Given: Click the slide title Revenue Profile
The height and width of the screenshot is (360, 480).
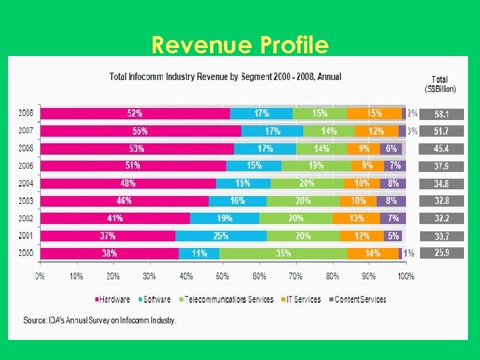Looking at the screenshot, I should click(240, 45).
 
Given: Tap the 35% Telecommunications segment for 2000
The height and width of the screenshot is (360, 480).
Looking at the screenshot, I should click(283, 253).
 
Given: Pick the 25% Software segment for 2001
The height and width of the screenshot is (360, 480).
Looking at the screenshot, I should click(221, 235).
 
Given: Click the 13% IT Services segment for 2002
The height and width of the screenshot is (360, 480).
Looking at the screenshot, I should click(357, 218).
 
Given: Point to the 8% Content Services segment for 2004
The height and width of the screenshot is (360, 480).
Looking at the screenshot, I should click(393, 183).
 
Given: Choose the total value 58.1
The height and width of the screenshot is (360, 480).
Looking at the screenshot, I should click(441, 114).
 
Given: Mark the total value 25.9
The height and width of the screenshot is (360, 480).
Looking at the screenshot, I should click(441, 253).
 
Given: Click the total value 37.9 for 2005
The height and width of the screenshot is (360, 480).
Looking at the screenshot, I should click(441, 166).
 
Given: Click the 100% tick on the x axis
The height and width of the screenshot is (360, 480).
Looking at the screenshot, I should click(405, 275).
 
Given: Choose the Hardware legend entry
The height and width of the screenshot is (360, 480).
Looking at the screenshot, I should click(113, 299).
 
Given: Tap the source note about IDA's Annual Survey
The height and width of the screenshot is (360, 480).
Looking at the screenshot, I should click(100, 321).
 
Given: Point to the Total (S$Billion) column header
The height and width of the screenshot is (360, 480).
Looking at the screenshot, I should click(440, 83).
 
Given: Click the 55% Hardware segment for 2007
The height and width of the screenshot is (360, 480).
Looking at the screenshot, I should click(141, 131).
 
